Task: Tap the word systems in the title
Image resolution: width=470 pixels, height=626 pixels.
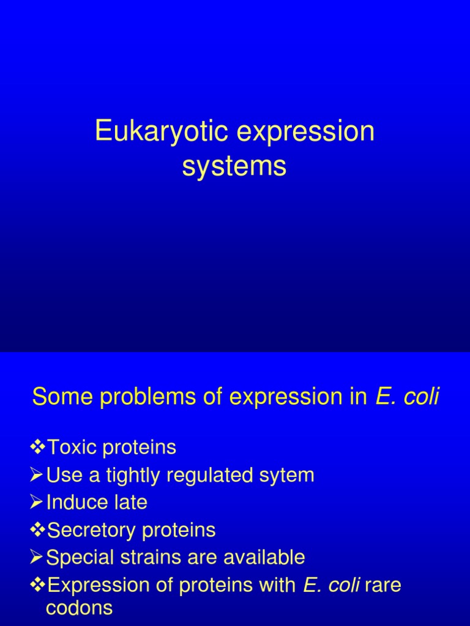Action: (234, 166)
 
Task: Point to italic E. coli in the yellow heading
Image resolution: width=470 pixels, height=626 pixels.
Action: (408, 397)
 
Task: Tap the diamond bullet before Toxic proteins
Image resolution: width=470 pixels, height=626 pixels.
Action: (38, 447)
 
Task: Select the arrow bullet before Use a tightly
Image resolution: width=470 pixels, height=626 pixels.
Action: (38, 476)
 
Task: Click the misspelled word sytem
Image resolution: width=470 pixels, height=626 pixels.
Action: (288, 476)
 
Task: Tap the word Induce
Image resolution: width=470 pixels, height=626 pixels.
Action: (74, 503)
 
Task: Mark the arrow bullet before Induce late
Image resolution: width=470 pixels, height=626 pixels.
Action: (38, 503)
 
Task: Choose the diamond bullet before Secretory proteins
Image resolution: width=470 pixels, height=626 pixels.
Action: (38, 530)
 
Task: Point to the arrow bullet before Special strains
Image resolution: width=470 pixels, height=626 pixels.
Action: (38, 558)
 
